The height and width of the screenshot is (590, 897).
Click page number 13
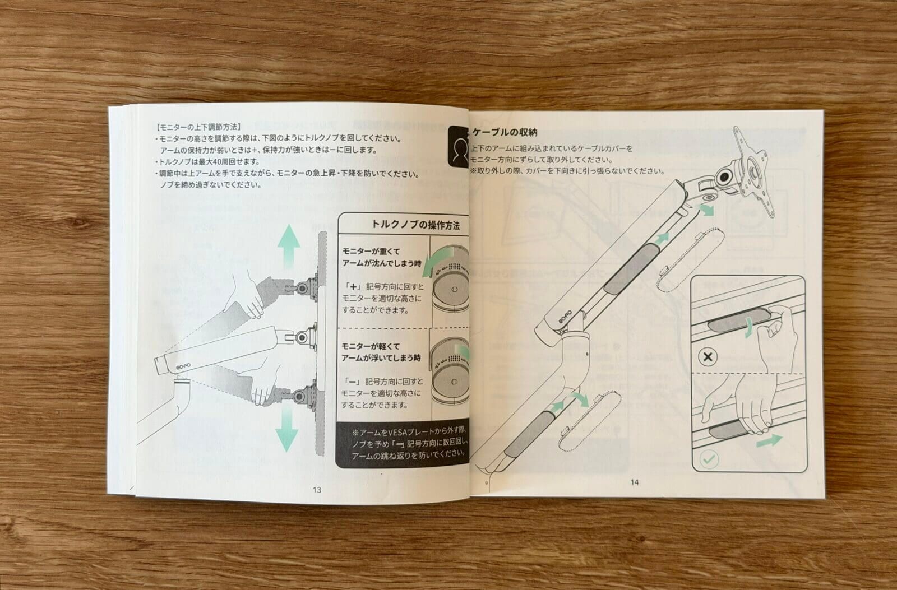[317, 490]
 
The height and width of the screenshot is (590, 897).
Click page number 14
[634, 482]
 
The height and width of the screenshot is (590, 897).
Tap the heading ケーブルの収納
[505, 132]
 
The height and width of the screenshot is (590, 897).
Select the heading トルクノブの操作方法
[415, 225]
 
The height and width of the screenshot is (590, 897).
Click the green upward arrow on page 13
[289, 246]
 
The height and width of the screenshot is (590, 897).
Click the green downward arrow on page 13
[286, 428]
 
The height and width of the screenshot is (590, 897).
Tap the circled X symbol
[708, 357]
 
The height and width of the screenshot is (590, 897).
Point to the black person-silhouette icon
[459, 146]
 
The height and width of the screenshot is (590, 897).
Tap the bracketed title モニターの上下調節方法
[198, 127]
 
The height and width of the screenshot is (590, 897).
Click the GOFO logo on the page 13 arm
[184, 367]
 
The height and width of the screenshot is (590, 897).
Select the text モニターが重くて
[371, 252]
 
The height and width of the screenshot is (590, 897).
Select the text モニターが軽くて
[371, 346]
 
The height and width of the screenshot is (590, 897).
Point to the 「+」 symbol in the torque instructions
[353, 287]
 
